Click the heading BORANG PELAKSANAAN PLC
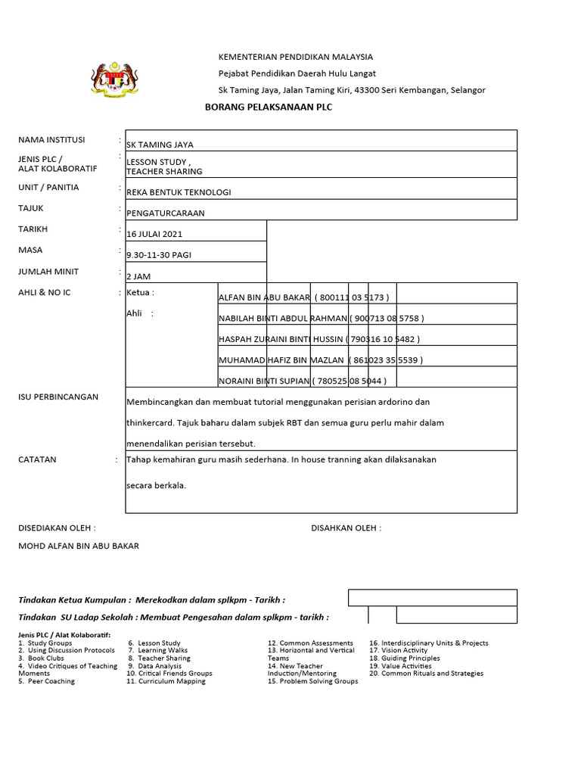269,107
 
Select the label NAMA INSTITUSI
51,140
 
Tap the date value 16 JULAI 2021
154,235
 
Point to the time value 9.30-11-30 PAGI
159,255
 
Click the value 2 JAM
138,277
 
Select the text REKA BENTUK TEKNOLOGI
179,192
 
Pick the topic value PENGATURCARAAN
165,213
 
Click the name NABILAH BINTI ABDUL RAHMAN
283,319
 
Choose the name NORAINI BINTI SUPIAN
264,381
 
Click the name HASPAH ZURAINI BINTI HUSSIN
281,340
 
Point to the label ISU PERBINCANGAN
58,397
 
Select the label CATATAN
37,459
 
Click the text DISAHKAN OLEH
346,528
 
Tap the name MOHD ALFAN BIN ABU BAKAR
79,546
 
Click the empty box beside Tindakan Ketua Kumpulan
432,598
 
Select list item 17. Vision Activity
398,650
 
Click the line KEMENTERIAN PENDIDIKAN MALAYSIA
296,57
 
